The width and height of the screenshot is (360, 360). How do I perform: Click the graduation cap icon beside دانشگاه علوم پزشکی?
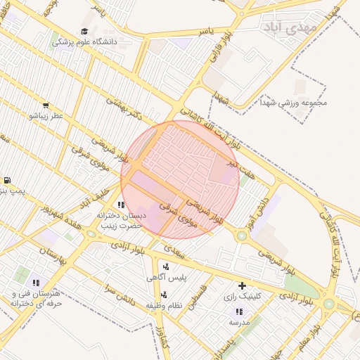(x=85, y=31)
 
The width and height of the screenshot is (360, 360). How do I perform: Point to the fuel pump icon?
(x=7, y=180)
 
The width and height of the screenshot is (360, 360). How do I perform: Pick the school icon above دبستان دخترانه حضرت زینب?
(x=121, y=205)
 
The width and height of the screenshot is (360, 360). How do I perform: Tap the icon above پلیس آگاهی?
(x=165, y=266)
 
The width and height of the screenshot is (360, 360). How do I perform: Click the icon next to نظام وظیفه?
(x=164, y=295)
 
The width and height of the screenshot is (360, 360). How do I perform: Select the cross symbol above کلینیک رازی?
(x=242, y=285)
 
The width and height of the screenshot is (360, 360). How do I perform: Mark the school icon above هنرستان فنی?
(x=36, y=283)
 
